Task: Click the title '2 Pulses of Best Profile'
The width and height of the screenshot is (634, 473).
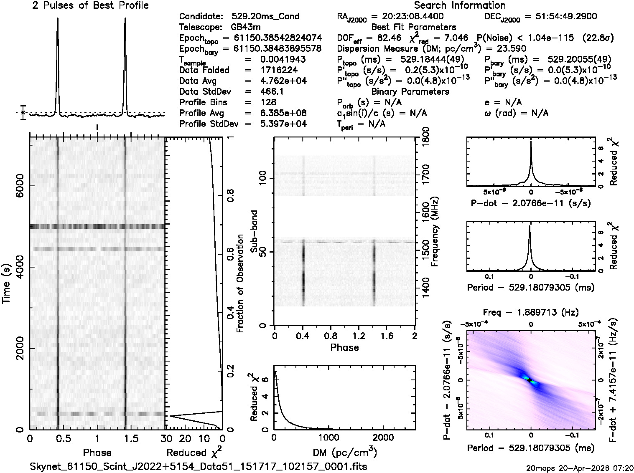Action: click(x=90, y=6)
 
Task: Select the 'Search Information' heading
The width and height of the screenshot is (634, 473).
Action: click(x=459, y=6)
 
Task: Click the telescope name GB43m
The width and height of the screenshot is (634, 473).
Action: click(x=247, y=27)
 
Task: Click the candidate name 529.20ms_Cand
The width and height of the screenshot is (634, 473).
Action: click(x=265, y=17)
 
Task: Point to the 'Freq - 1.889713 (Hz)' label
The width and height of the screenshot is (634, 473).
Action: click(x=531, y=312)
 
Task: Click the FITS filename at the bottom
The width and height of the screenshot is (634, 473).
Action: click(x=199, y=466)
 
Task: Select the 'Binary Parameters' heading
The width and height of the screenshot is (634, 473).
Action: click(x=410, y=91)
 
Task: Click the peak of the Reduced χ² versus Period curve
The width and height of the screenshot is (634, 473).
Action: click(x=530, y=226)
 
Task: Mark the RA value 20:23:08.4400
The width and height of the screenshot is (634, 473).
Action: click(x=407, y=17)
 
